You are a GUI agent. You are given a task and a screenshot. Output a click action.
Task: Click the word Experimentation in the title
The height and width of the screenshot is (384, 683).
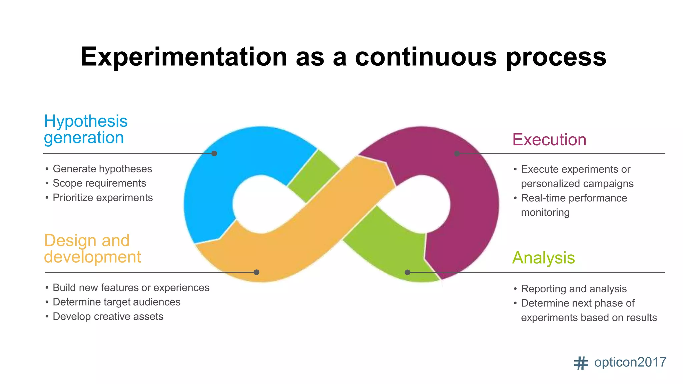click(x=183, y=57)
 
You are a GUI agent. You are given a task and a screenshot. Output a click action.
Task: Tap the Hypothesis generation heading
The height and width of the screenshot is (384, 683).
click(x=85, y=129)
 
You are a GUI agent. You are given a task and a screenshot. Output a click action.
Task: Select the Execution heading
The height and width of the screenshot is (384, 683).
click(x=549, y=140)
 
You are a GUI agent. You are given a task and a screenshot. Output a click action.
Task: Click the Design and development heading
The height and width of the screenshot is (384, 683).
click(x=92, y=249)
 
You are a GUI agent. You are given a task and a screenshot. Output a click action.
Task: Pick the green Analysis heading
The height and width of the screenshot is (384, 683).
click(x=543, y=258)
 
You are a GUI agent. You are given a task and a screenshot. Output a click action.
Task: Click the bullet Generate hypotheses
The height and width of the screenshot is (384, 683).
click(x=102, y=169)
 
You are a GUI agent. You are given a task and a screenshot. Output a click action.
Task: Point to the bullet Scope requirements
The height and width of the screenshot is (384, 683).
click(x=99, y=183)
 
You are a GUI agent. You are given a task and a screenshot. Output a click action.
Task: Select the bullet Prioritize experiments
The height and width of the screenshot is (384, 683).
click(x=102, y=198)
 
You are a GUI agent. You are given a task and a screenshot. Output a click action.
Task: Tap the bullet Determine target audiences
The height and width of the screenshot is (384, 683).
click(x=116, y=302)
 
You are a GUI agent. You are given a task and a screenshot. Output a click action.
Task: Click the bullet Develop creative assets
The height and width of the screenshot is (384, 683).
click(x=108, y=316)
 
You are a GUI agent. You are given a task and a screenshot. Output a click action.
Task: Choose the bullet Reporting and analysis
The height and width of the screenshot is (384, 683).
click(x=574, y=289)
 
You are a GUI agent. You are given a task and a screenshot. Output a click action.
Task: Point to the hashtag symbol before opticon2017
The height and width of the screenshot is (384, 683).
click(x=581, y=363)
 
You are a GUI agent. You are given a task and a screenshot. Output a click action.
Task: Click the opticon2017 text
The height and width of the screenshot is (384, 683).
click(x=630, y=362)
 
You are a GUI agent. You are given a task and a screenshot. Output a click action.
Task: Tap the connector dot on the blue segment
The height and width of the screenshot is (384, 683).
click(x=214, y=153)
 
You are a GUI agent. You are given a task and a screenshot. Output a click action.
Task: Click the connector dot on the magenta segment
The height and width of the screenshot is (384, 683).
click(x=457, y=153)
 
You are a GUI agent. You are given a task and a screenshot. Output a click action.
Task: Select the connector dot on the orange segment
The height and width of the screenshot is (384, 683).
click(x=256, y=272)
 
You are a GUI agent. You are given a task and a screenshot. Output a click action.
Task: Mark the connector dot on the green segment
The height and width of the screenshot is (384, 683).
click(x=407, y=272)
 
